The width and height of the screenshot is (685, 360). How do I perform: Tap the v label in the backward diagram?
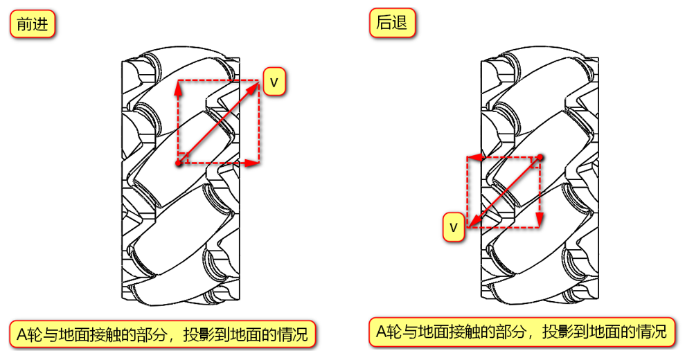tap(454, 226)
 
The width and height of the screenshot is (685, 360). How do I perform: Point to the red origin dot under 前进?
tap(179, 163)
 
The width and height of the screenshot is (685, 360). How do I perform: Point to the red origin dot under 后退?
tap(540, 158)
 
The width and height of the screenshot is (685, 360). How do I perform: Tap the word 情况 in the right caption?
tap(651, 332)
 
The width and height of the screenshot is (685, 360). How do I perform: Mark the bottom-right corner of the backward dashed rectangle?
tap(540, 226)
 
